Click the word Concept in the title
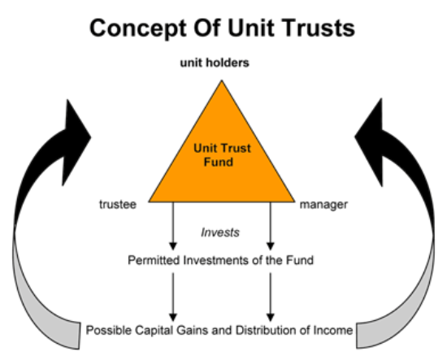point(138,28)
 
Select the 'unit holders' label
point(215,63)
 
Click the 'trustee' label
point(118,204)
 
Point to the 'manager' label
point(323,205)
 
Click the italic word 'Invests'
point(220,232)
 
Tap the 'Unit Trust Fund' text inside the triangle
point(222,155)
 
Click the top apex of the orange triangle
point(222,80)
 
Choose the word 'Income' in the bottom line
point(333,331)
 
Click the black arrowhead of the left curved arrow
point(75,141)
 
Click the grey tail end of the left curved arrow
point(72,336)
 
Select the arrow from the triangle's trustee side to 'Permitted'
point(173,226)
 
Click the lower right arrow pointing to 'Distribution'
point(271,297)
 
